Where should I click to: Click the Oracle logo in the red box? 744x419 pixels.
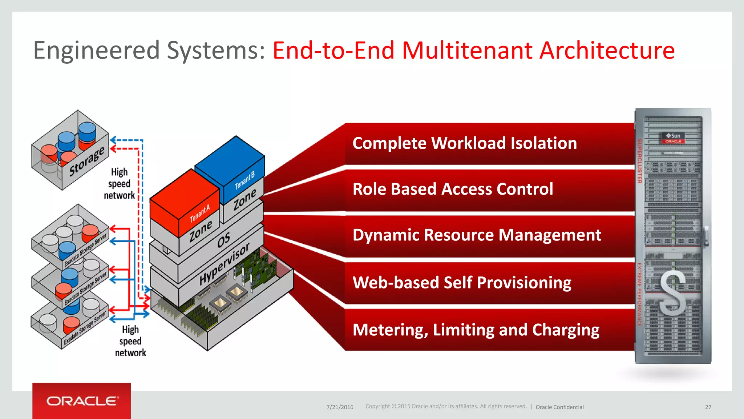pos(82,401)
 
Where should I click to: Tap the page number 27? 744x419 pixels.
pos(708,407)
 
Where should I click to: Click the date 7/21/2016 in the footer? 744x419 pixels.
pos(340,407)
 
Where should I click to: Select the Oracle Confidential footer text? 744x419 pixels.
pos(559,407)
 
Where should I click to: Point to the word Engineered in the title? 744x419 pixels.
pos(96,50)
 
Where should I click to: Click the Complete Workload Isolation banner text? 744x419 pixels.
pos(464,143)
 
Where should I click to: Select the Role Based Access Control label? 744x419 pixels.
pos(453,189)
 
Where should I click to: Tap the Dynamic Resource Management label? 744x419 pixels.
pos(477,235)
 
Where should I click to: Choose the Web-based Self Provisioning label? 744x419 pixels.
pos(462,283)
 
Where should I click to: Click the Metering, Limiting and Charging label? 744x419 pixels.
pos(476,330)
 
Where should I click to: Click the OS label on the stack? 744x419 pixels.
pos(223,240)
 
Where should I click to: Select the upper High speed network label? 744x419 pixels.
pos(119,184)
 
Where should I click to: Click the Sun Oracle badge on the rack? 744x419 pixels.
pos(673,138)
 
